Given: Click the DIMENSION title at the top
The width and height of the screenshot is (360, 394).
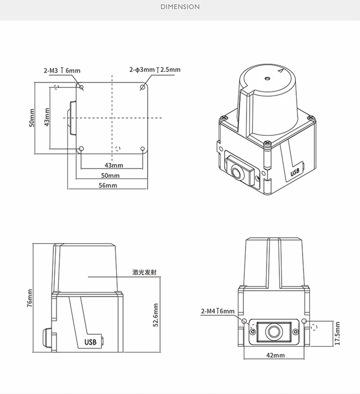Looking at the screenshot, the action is point(180,7).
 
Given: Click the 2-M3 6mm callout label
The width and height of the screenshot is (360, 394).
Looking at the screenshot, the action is point(62,70).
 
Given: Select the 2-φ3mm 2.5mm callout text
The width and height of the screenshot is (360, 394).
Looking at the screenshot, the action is point(155,70).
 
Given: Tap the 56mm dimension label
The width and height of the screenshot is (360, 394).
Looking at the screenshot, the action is point(108,185).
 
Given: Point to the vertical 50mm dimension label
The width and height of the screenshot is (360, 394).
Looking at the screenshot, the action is point(31,118).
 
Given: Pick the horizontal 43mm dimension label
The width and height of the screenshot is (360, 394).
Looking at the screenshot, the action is point(114,166).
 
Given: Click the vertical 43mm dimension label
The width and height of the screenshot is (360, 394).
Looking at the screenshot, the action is point(47,117).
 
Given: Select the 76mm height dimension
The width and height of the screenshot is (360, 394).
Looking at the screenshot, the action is point(30,298).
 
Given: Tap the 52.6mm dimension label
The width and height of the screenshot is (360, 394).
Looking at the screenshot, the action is point(156,315).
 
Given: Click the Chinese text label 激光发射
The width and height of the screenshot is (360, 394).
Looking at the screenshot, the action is point(144,272).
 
